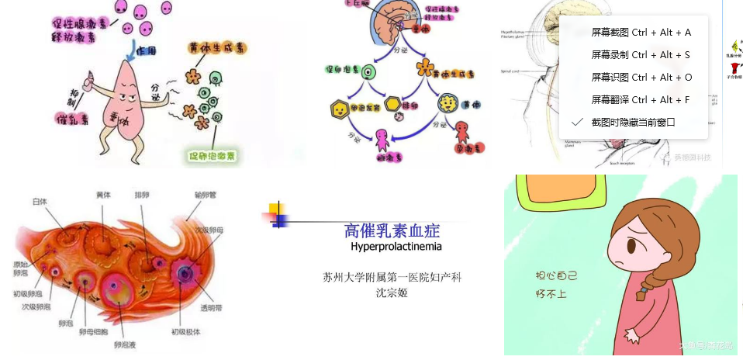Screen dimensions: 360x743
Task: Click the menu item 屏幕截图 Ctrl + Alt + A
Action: click(x=641, y=33)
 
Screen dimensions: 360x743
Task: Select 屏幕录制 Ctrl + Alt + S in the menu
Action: click(x=640, y=55)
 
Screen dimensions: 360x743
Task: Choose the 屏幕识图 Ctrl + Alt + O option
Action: click(x=641, y=78)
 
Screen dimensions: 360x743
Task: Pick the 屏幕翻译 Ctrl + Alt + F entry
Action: click(x=640, y=100)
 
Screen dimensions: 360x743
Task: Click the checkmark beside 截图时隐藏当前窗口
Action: click(x=576, y=123)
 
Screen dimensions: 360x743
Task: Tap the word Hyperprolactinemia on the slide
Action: click(x=396, y=247)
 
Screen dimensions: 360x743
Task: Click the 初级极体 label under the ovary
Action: click(x=186, y=332)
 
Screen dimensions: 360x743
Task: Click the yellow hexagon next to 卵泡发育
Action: click(x=339, y=107)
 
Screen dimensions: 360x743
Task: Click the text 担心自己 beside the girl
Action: click(x=556, y=276)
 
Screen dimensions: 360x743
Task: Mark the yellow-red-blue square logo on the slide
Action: click(x=278, y=214)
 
